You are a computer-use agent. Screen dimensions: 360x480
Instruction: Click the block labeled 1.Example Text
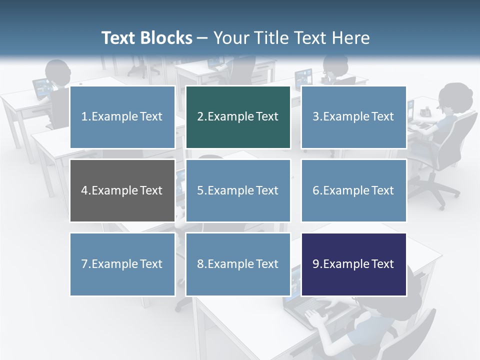122,117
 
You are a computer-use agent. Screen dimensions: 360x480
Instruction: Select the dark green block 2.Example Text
238,117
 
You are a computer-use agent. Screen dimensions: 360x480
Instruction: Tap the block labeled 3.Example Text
353,117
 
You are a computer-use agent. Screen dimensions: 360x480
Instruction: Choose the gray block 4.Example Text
122,190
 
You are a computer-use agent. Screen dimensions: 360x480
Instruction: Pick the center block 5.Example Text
238,190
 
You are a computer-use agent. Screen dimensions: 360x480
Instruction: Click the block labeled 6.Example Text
353,190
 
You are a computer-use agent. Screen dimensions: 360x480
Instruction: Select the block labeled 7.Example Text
122,264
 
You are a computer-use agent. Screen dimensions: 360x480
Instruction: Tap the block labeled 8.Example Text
238,264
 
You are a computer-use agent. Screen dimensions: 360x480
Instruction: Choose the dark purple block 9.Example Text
353,264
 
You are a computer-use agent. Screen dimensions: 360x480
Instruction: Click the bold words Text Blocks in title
146,38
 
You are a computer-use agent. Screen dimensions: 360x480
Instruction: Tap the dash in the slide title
203,38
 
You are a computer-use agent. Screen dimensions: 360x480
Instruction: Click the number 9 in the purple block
316,264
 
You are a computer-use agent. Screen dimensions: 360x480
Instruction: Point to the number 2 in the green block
200,117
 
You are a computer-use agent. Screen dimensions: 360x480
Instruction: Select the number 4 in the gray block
84,190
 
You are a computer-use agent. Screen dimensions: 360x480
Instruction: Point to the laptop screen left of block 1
43,88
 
